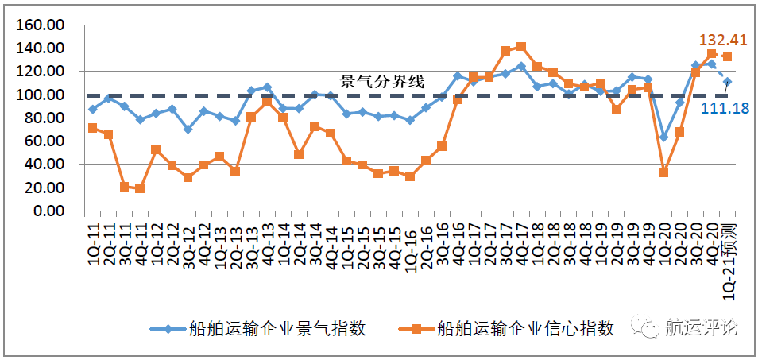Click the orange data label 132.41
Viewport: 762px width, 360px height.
coord(724,39)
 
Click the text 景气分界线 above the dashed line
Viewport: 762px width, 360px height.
coord(382,81)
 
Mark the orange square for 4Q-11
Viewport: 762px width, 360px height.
coord(140,189)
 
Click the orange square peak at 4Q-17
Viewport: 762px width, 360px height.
coord(521,47)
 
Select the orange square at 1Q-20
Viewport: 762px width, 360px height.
coord(663,172)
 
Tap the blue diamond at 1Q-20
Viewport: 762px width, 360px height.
coord(663,137)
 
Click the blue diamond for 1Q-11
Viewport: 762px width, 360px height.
coord(93,109)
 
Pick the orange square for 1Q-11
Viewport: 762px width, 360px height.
coord(93,128)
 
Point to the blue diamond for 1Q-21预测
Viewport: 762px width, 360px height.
coord(727,81)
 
